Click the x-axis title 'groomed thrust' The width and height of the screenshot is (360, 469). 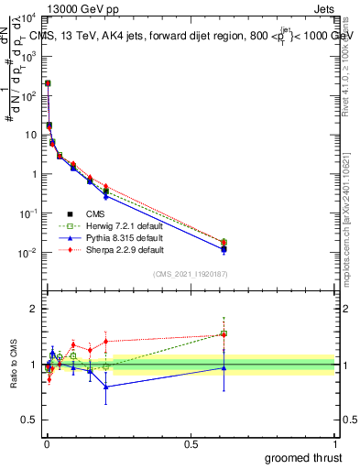(302, 457)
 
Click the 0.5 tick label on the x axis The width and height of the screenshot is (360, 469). (191, 443)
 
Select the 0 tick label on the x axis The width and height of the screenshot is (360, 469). (46, 443)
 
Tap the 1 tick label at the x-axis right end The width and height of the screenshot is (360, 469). (335, 443)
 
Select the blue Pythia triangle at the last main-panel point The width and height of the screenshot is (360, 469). (224, 249)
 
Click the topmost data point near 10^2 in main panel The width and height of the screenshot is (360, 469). (48, 83)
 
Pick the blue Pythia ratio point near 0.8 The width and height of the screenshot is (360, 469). (106, 387)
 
